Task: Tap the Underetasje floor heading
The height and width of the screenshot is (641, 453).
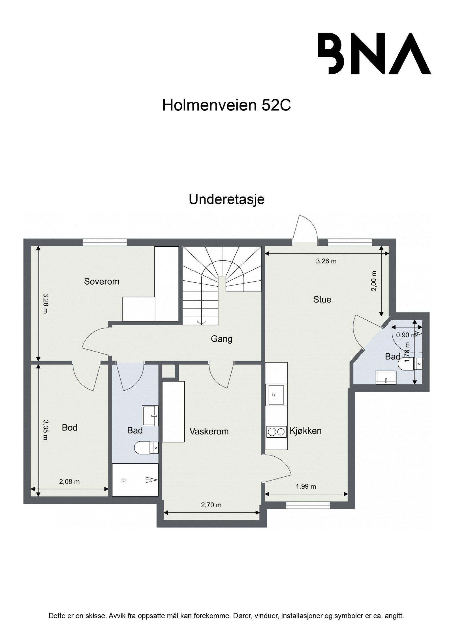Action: click(226, 199)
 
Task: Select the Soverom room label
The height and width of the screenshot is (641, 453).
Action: click(101, 282)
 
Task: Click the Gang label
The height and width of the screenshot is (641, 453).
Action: click(221, 339)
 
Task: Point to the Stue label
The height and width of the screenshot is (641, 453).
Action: click(322, 299)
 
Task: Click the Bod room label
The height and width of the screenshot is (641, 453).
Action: click(69, 427)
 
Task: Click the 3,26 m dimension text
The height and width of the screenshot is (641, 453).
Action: click(326, 261)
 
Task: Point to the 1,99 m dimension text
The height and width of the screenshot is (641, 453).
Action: click(305, 487)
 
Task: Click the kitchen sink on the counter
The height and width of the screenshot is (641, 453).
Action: click(276, 395)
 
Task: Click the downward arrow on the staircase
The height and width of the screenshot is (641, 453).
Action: click(201, 321)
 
